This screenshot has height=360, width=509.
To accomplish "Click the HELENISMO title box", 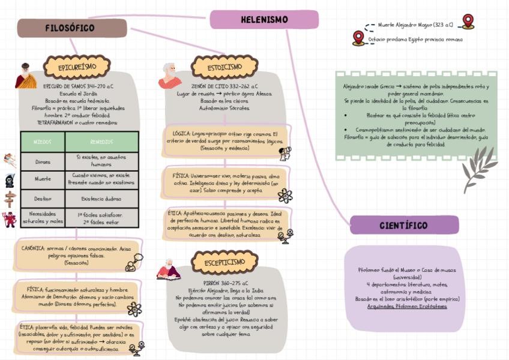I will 264,20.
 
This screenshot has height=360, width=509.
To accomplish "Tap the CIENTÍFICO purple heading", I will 404,226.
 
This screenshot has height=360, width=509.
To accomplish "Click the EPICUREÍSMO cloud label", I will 77,67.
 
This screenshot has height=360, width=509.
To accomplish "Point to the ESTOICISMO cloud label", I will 224,67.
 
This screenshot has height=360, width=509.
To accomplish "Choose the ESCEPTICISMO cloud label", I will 224,262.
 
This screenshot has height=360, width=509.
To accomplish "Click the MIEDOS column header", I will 42,142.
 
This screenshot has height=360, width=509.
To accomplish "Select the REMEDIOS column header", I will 101,142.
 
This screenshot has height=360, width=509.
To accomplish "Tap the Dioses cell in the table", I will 42,161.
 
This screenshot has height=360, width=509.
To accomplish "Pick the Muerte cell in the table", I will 42,179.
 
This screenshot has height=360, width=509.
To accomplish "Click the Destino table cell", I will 42,199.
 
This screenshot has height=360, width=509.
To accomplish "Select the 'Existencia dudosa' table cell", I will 101,199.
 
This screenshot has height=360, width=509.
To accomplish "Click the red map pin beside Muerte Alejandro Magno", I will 468,22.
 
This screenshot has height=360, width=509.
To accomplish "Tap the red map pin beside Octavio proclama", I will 358,38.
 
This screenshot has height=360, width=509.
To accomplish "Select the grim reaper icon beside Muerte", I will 9,180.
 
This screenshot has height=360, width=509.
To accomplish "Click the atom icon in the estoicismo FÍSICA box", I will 285,196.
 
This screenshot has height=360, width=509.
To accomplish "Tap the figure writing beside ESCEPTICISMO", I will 169,269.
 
